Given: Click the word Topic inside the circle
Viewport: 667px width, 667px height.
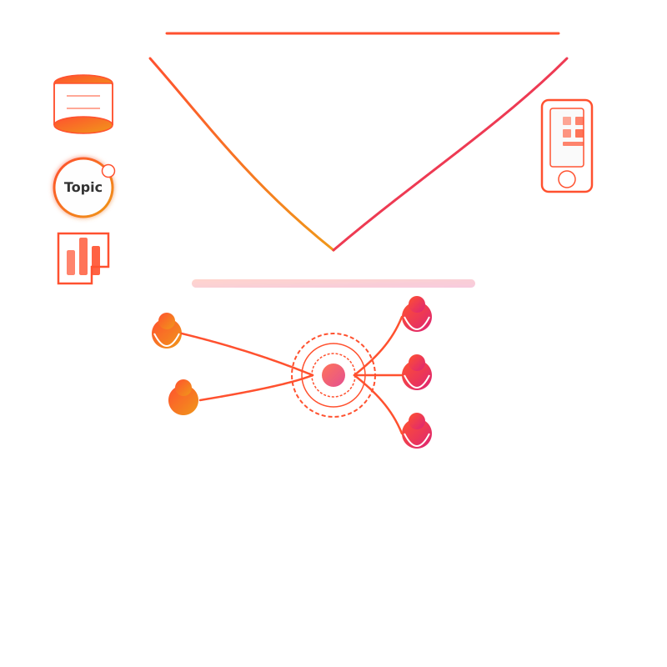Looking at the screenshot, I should tap(83, 188).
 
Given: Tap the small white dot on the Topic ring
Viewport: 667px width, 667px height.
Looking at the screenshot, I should tap(108, 171).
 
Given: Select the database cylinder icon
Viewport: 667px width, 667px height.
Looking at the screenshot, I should tap(83, 104).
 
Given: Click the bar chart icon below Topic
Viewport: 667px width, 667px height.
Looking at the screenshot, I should tap(83, 258).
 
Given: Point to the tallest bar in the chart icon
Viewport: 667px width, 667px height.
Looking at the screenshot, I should tap(83, 256).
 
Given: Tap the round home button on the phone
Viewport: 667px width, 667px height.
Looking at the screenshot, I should tap(567, 179).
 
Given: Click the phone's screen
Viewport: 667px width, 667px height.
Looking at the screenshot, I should tap(567, 137).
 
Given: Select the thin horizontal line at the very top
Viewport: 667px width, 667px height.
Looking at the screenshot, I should tap(363, 33).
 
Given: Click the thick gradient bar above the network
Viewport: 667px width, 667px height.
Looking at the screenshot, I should tap(333, 283).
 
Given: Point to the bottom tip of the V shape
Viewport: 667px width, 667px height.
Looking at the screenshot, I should tap(333, 249).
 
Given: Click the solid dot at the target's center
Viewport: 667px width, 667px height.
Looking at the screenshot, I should tap(333, 375).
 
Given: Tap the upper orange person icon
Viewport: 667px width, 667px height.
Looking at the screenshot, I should tap(167, 332).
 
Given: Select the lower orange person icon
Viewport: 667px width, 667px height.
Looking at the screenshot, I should tap(183, 399).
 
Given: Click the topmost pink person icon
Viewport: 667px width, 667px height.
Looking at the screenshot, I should tap(417, 315).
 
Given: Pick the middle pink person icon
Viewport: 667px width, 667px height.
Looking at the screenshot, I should tap(417, 374).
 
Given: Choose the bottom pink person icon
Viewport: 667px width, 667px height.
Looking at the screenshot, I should tap(417, 432).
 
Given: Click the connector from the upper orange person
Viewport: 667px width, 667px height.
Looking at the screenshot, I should tap(242, 349).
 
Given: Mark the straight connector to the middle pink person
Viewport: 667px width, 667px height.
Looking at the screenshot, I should tap(379, 375).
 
